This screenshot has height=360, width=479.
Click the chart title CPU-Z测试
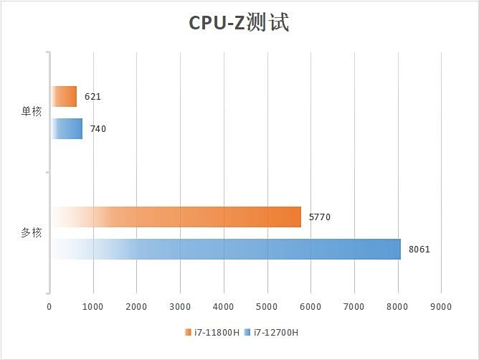point(239,23)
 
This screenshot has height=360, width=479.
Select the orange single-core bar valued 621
point(64,96)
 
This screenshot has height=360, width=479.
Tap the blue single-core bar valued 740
point(67,129)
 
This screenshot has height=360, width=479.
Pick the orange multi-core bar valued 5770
point(176,217)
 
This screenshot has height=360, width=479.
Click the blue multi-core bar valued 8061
point(225,249)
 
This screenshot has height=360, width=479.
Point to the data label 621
point(93,96)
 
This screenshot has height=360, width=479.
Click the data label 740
point(98,129)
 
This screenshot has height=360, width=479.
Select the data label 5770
point(319,217)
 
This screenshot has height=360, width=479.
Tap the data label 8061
point(419,249)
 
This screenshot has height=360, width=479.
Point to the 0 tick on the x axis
point(49,307)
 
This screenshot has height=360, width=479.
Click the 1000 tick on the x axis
point(93,307)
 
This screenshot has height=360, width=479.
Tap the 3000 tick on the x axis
point(180,307)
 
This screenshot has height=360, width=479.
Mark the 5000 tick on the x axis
point(267,307)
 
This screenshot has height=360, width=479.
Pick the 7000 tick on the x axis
point(354,307)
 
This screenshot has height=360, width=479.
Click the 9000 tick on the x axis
point(441,307)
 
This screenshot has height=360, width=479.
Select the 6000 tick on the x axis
point(310,307)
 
